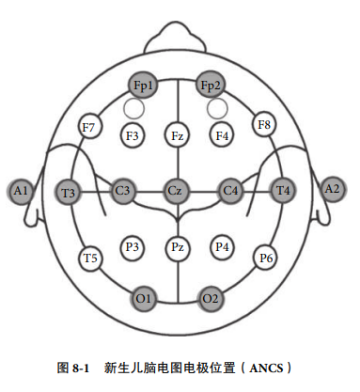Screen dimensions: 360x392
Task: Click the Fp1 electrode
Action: pos(143,85)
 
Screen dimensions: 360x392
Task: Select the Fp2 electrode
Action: pos(211,85)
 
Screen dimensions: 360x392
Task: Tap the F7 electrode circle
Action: pos(90,127)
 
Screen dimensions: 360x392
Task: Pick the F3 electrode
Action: pos(133,135)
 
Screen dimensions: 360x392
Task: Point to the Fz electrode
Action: pos(178,135)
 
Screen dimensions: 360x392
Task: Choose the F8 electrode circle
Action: pos(264,124)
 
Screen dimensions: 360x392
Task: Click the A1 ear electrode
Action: pos(21,191)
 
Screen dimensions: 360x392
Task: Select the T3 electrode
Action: pos(69,192)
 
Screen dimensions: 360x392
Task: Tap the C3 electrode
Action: pos(122,191)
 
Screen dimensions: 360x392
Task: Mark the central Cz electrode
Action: pos(177,191)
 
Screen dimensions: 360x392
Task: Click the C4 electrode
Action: pos(231,191)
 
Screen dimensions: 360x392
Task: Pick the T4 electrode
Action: pos(283,191)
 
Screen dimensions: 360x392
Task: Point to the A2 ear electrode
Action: pos(333,189)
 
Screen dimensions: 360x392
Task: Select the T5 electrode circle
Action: pos(90,259)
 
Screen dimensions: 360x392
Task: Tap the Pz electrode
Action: pos(178,248)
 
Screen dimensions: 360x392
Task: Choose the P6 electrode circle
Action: pos(266,258)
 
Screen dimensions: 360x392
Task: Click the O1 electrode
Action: pos(143,298)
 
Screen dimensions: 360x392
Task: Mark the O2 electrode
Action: pos(211,298)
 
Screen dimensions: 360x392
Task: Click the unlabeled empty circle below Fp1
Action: pos(134,108)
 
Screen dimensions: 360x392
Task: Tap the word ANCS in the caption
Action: pos(266,368)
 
